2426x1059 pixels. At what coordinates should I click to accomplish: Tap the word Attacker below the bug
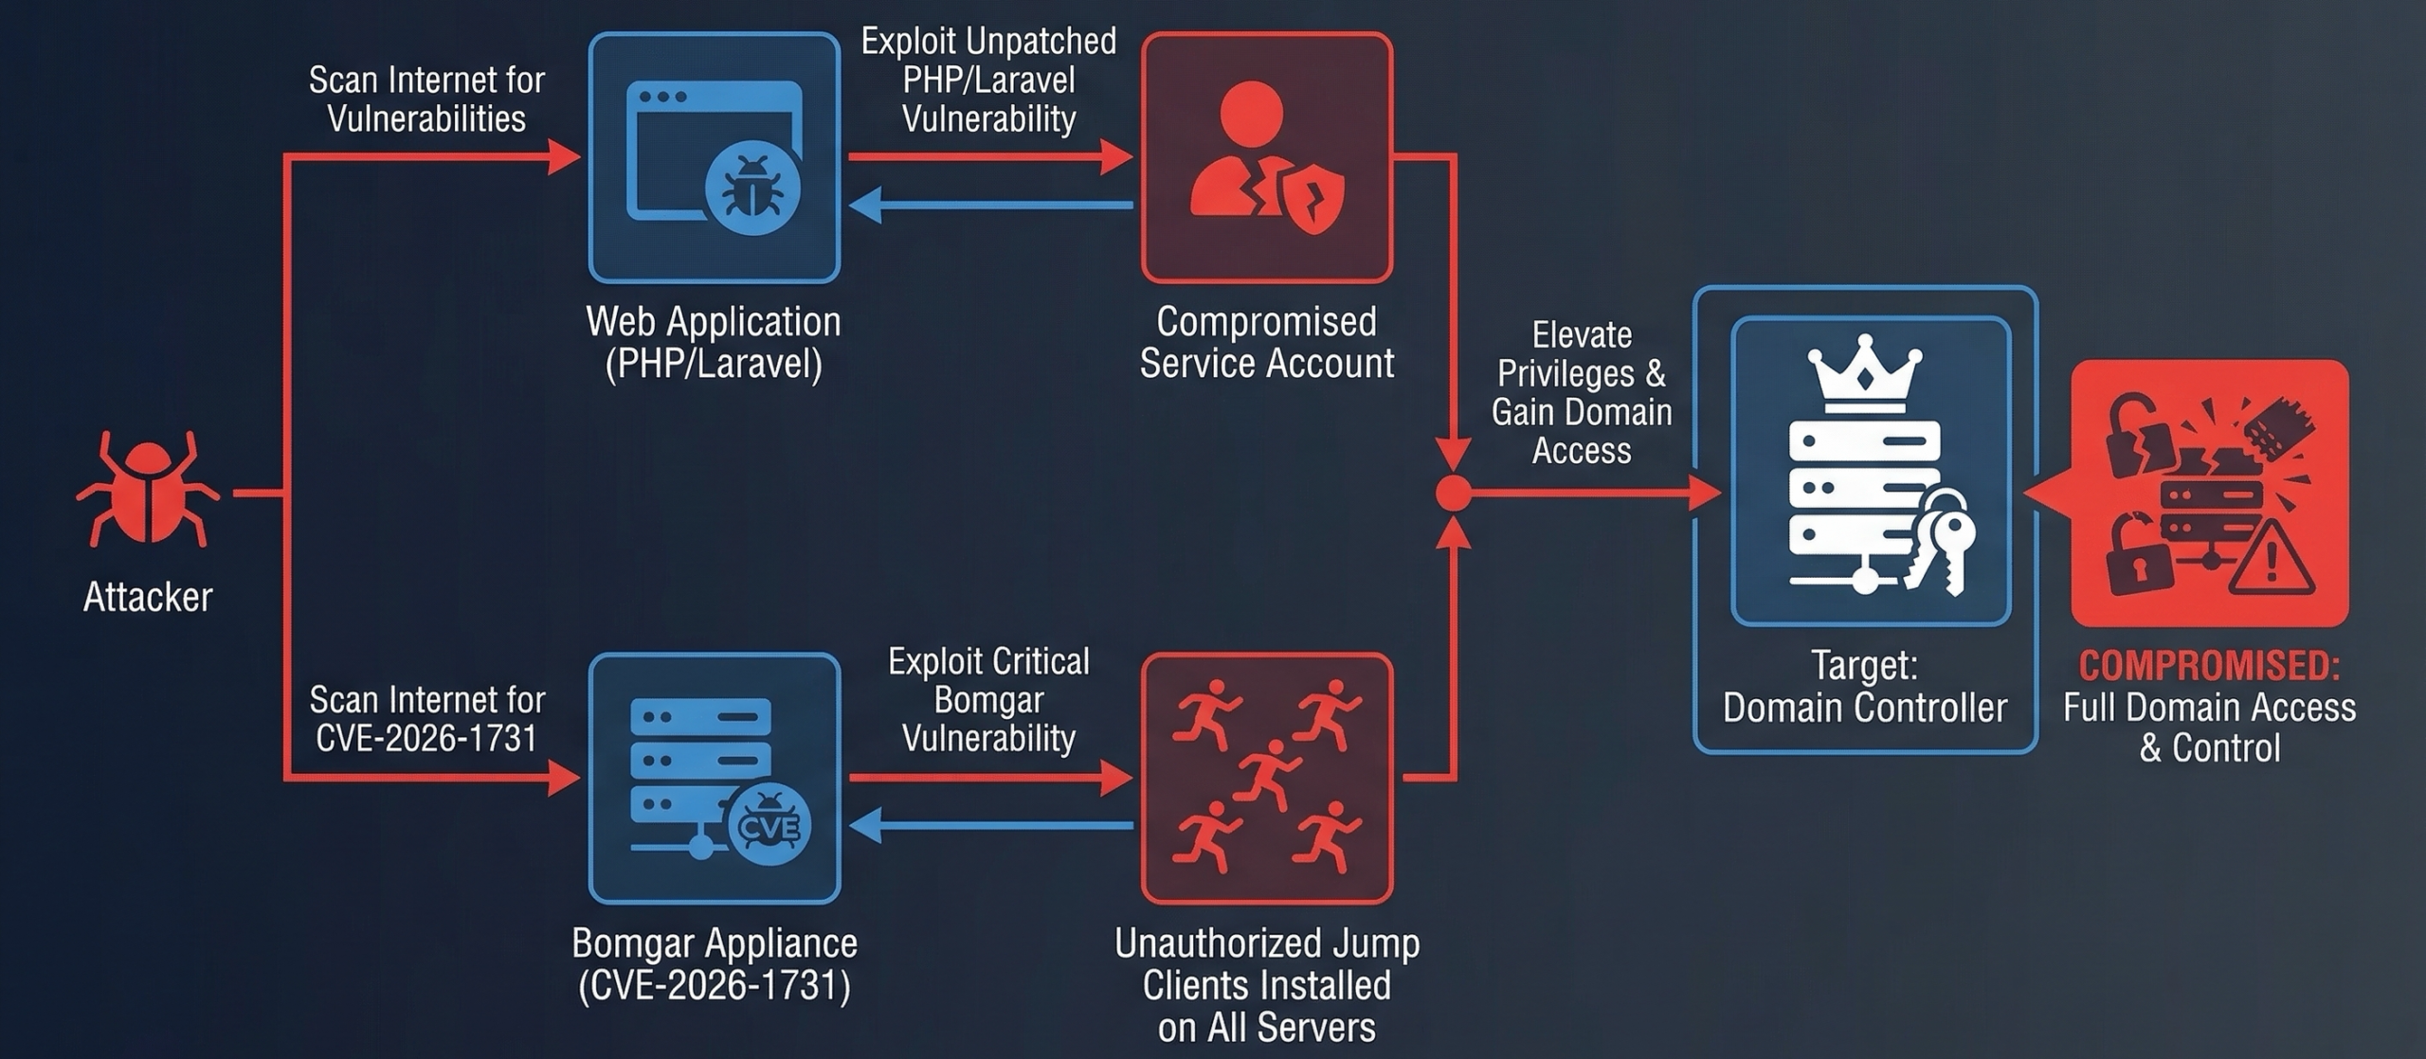click(148, 598)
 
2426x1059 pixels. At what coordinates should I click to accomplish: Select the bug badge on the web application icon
click(753, 188)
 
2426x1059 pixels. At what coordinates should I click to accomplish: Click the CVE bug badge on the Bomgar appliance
click(769, 827)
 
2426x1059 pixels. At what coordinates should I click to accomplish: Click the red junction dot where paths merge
click(1453, 494)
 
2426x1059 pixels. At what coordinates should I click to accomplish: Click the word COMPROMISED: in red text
click(2209, 666)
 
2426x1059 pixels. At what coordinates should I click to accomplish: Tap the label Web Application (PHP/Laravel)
click(714, 342)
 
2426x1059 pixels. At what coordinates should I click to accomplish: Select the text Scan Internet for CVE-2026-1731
click(426, 719)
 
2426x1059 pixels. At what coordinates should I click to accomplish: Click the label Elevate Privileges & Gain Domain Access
click(1582, 392)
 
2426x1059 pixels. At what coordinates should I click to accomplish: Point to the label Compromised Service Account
click(1266, 342)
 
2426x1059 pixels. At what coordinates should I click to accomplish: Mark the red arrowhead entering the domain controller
click(1707, 494)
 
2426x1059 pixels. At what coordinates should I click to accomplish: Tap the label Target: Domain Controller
click(1864, 687)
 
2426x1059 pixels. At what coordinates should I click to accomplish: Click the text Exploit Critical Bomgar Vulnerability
click(988, 699)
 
